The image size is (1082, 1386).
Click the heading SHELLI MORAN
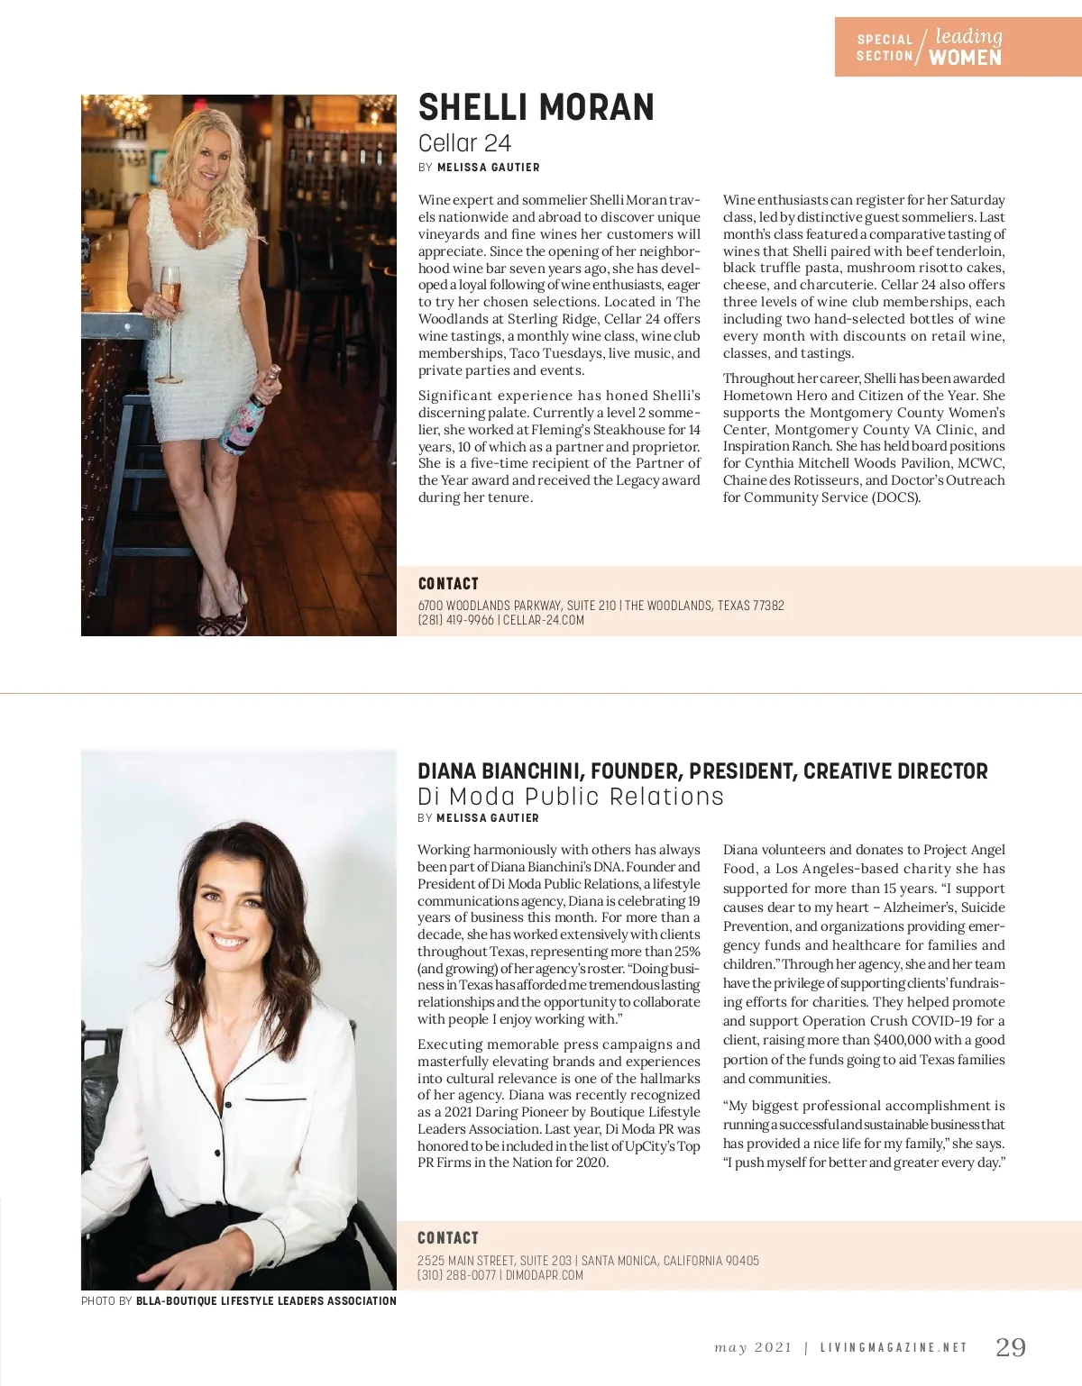pyautogui.click(x=536, y=107)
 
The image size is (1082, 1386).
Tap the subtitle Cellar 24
pyautogui.click(x=464, y=143)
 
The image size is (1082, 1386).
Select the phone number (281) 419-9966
pyautogui.click(x=455, y=620)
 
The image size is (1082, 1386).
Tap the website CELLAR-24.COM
pyautogui.click(x=544, y=620)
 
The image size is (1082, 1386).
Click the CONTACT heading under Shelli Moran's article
pyautogui.click(x=448, y=584)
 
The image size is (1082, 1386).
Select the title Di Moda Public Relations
pyautogui.click(x=570, y=797)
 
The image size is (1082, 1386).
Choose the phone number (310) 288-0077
pyautogui.click(x=456, y=1275)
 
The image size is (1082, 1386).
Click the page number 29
pyautogui.click(x=1010, y=1347)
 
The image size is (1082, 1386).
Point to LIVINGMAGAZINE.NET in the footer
pyautogui.click(x=893, y=1348)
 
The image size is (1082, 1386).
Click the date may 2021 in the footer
pyautogui.click(x=753, y=1348)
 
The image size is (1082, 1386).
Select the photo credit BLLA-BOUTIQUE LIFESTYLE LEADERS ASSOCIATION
pyautogui.click(x=266, y=1301)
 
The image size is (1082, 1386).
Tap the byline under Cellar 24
pyautogui.click(x=479, y=168)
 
